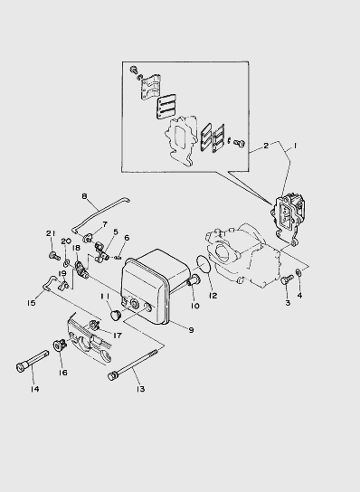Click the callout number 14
click(x=35, y=389)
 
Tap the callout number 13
click(x=140, y=389)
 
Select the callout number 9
click(x=191, y=330)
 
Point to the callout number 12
click(x=213, y=296)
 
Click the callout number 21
click(x=51, y=233)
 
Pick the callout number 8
click(x=84, y=196)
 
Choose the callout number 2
click(x=266, y=146)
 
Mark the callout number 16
click(x=62, y=373)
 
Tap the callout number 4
click(x=299, y=295)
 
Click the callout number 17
click(x=118, y=336)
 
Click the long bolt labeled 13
click(x=133, y=363)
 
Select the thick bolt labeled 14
click(x=33, y=359)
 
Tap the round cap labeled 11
click(x=117, y=314)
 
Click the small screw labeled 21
click(x=54, y=255)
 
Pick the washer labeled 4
click(x=299, y=272)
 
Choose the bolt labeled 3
click(x=287, y=279)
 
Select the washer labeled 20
click(x=67, y=262)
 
